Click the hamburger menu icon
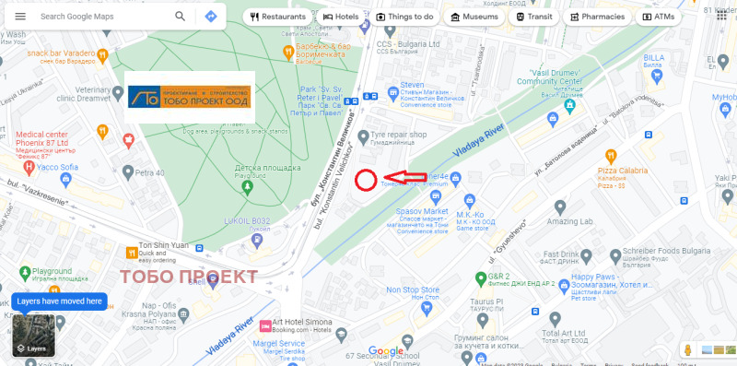[20, 17]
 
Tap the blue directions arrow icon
[211, 17]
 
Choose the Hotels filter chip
[340, 17]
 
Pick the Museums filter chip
[472, 17]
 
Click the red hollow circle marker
[366, 181]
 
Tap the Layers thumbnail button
[33, 337]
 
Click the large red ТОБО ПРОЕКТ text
[190, 277]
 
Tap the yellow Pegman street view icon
[687, 350]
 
